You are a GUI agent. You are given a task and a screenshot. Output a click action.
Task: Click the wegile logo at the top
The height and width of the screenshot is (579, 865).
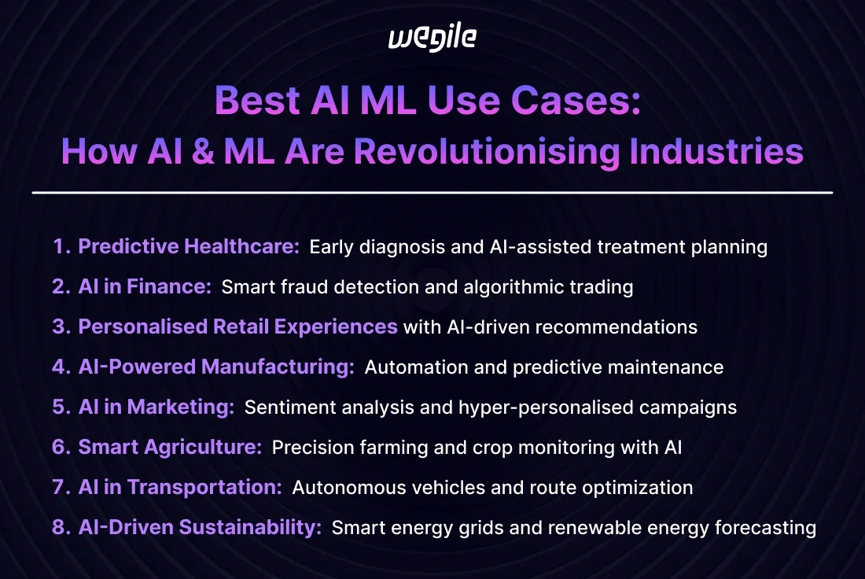[432, 39]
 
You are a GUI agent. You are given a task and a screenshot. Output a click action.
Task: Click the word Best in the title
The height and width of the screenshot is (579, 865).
[257, 101]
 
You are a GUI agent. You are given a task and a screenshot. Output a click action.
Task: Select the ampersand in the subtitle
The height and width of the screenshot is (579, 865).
[204, 151]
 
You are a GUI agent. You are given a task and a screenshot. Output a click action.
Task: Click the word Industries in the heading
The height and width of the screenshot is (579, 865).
[716, 151]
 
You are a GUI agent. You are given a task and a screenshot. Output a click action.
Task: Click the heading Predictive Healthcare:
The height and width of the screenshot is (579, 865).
[189, 246]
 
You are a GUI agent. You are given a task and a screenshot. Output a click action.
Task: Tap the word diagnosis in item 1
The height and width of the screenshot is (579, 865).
[402, 247]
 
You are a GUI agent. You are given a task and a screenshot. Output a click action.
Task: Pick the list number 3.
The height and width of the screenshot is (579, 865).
[61, 326]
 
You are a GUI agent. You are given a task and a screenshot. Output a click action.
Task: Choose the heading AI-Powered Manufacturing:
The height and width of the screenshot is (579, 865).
[216, 367]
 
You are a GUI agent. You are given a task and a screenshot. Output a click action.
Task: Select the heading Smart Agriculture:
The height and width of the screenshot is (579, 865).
[170, 447]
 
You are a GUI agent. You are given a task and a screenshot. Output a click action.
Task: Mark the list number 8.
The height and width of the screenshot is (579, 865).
[61, 527]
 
